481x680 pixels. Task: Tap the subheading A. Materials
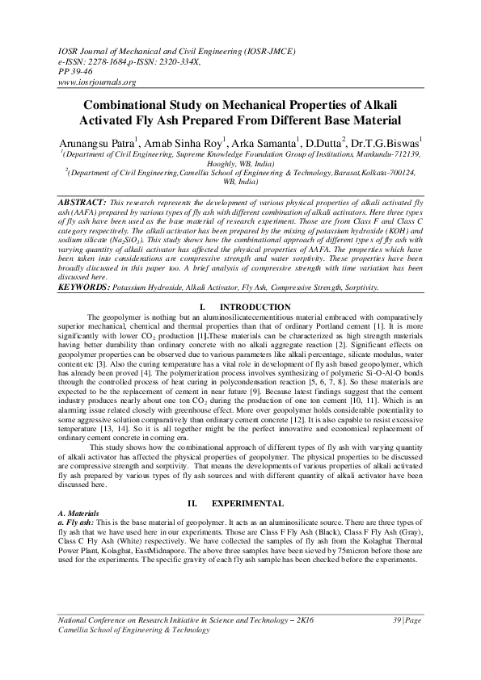pos(79,513)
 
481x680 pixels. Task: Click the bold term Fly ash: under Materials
pos(84,522)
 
